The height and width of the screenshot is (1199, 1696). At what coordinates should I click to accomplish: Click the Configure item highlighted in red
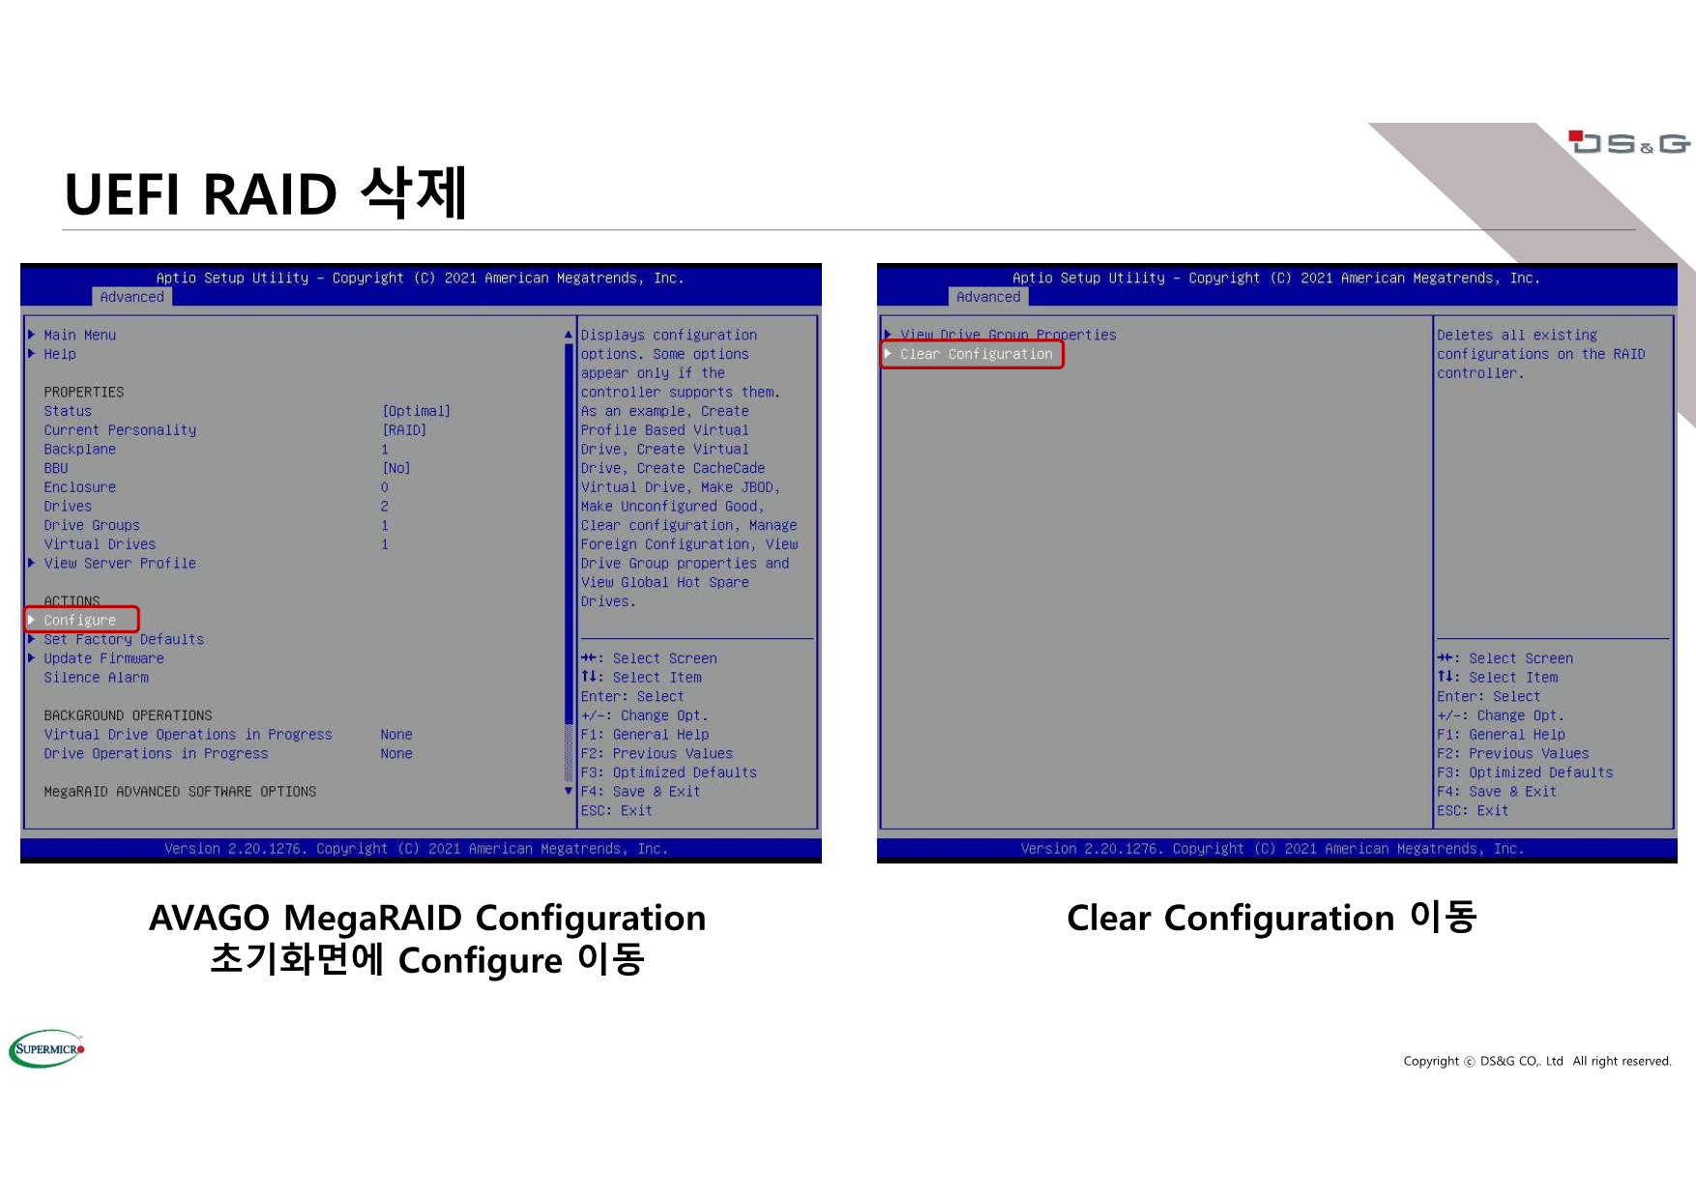pyautogui.click(x=79, y=620)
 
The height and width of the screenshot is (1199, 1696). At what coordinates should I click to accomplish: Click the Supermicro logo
pyautogui.click(x=46, y=1048)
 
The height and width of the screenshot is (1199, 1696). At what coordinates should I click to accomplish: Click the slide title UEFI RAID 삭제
pyautogui.click(x=266, y=192)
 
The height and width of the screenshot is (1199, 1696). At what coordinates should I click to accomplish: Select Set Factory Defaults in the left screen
pyautogui.click(x=124, y=639)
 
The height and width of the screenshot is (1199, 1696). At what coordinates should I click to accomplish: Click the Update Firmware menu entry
pyautogui.click(x=103, y=658)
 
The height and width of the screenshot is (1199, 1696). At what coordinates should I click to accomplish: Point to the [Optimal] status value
pyautogui.click(x=416, y=411)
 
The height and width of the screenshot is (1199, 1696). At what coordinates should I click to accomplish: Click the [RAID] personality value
pyautogui.click(x=404, y=430)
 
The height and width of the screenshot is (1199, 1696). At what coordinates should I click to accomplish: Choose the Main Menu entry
pyautogui.click(x=79, y=335)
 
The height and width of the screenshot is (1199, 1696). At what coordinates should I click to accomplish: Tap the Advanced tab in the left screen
pyautogui.click(x=132, y=297)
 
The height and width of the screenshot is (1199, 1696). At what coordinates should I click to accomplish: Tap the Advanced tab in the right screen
pyautogui.click(x=988, y=297)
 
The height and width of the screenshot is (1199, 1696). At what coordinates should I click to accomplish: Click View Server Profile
pyautogui.click(x=120, y=563)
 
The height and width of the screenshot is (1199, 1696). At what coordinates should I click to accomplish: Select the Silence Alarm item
pyautogui.click(x=96, y=678)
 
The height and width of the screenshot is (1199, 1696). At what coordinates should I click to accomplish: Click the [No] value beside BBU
pyautogui.click(x=396, y=468)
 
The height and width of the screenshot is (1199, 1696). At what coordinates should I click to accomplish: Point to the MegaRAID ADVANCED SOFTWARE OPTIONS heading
pyautogui.click(x=180, y=792)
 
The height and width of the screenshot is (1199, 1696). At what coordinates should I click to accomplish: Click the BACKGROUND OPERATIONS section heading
pyautogui.click(x=128, y=716)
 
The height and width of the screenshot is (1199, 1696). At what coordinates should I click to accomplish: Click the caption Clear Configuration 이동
pyautogui.click(x=1272, y=917)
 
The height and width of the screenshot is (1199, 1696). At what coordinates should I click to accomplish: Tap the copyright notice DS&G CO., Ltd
pyautogui.click(x=1521, y=1061)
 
